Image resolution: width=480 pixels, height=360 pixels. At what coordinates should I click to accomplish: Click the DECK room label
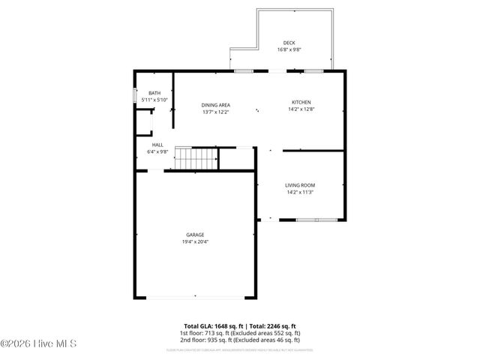(x=289, y=43)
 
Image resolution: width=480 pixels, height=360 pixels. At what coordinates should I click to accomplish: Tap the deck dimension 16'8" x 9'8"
(x=289, y=50)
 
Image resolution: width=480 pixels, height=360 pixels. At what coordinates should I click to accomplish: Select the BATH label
(x=154, y=92)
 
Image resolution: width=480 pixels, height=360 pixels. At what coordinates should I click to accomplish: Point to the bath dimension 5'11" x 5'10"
(x=154, y=100)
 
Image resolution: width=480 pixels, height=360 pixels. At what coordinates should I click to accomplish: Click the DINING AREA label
(x=215, y=104)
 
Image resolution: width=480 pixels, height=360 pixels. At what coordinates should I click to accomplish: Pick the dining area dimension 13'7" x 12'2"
(x=215, y=112)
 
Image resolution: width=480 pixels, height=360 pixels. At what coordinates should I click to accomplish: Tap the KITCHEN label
(x=301, y=103)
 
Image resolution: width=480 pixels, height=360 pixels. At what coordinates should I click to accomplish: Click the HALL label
(x=157, y=145)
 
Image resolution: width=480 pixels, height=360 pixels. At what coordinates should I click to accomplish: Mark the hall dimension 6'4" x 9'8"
(x=157, y=152)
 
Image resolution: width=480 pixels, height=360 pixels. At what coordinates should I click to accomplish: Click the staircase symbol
(x=196, y=158)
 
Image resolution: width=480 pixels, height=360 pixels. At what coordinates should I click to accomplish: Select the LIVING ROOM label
(x=300, y=184)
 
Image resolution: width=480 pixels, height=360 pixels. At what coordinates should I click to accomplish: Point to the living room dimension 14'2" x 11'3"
(x=300, y=192)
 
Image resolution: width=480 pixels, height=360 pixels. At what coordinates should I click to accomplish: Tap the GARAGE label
(x=195, y=234)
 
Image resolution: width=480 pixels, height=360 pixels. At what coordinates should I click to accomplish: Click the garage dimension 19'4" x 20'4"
(x=195, y=241)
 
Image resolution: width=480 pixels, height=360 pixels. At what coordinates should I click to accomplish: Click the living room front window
(x=316, y=220)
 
